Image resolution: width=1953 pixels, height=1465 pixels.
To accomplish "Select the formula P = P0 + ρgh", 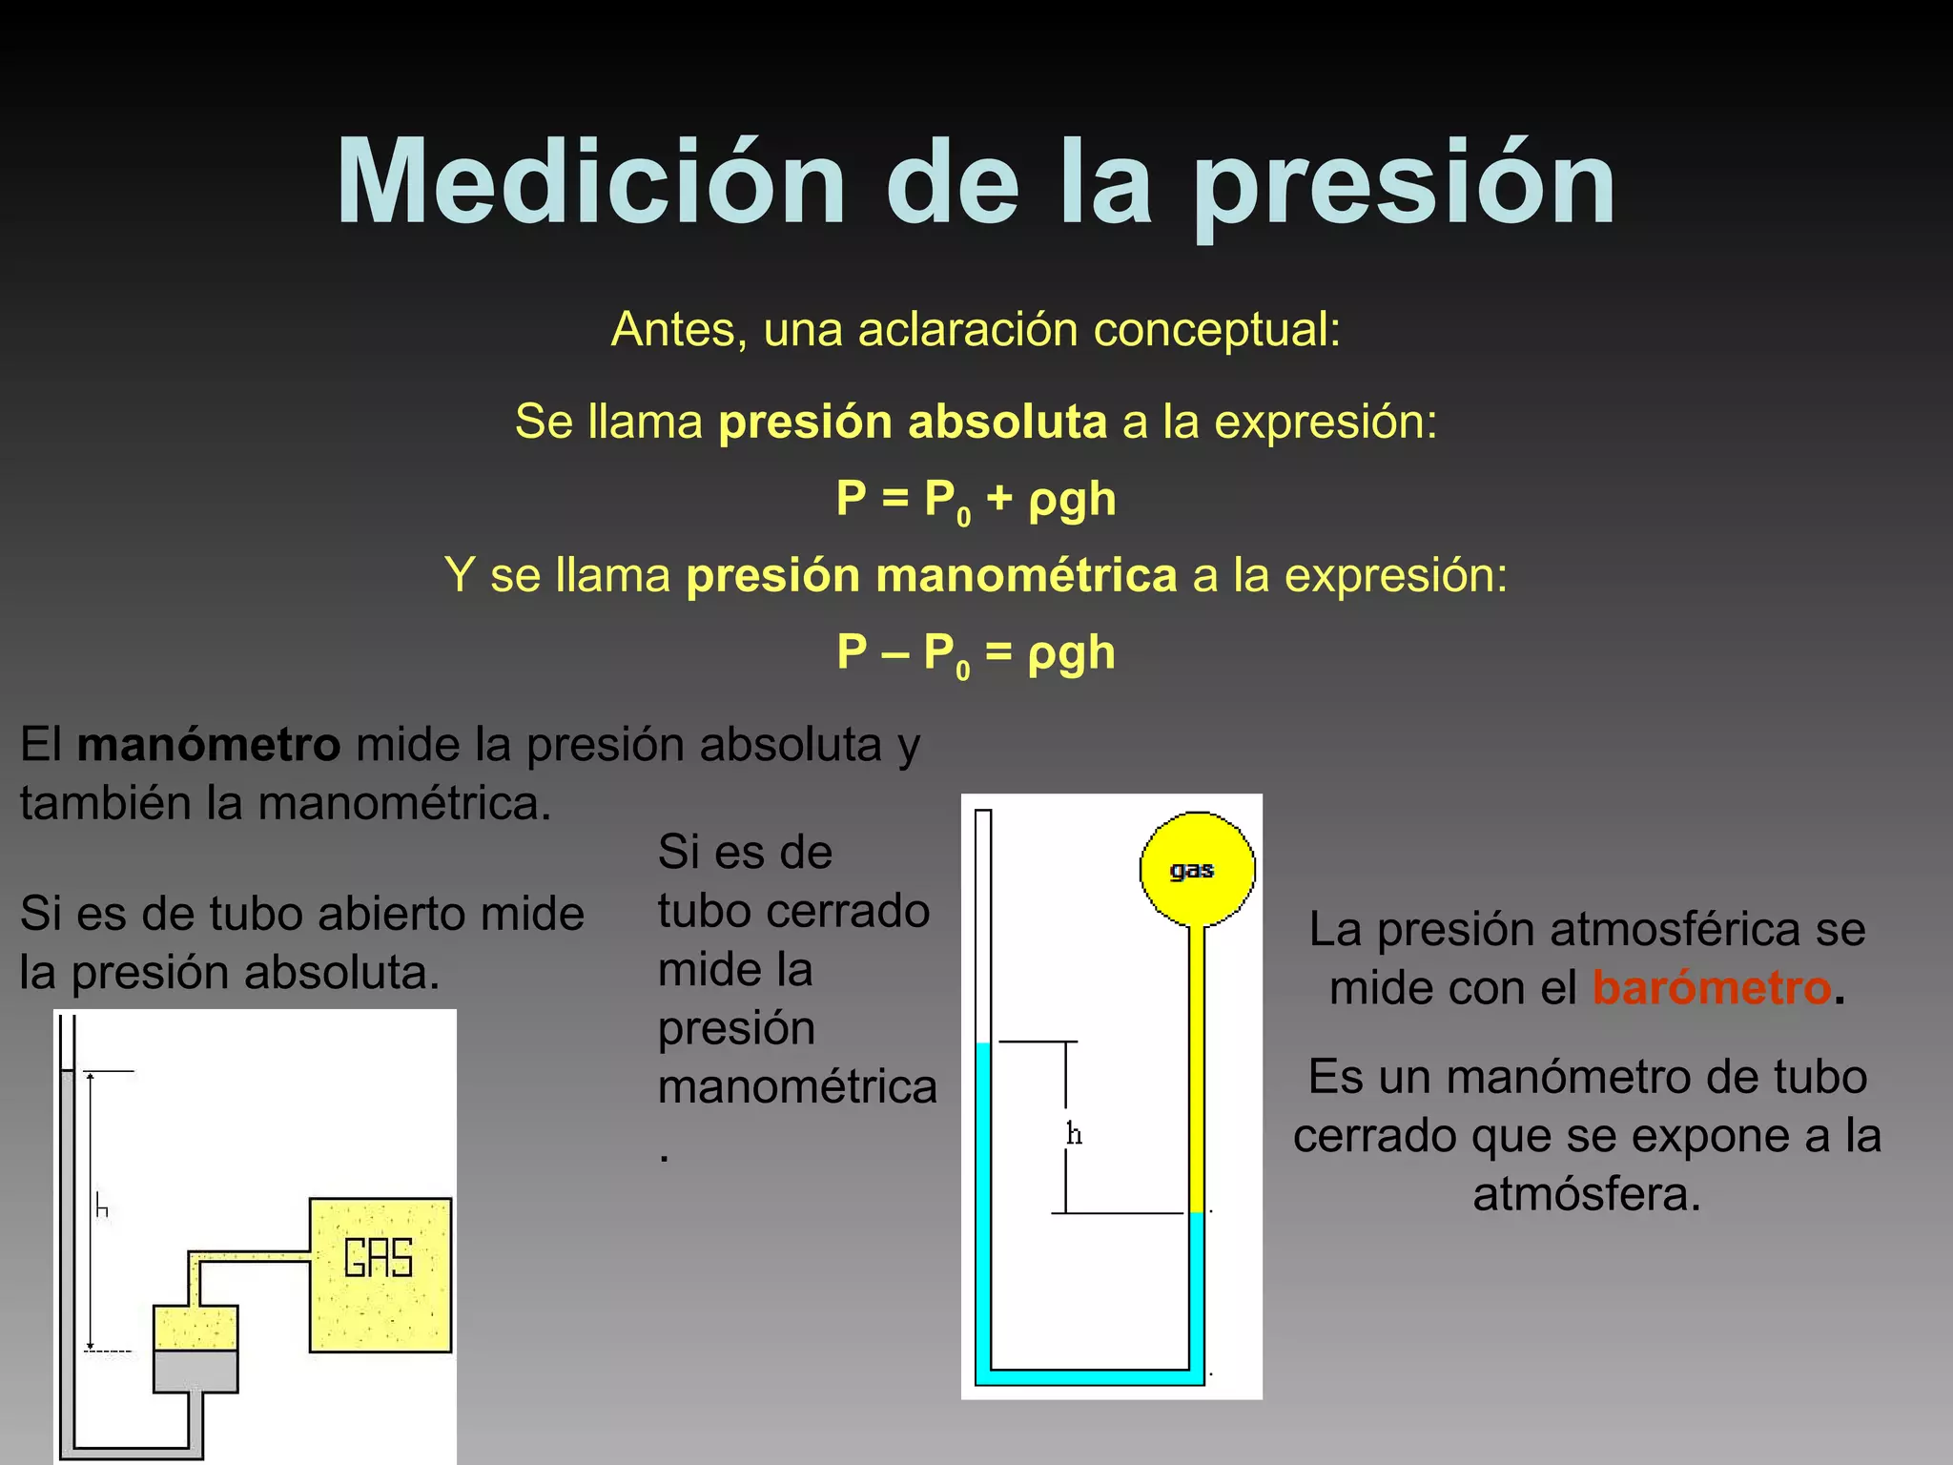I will [x=976, y=500].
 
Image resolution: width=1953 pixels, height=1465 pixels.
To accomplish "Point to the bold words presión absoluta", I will [x=913, y=422].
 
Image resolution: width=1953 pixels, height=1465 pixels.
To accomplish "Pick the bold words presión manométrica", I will [x=932, y=576].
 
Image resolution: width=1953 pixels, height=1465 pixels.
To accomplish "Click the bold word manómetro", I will [x=209, y=745].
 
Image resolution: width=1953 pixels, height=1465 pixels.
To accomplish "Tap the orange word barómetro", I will [x=1712, y=988].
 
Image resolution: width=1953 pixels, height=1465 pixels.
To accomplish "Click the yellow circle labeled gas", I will [x=1197, y=869].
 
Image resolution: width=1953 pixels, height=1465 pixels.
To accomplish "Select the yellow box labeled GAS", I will [x=380, y=1274].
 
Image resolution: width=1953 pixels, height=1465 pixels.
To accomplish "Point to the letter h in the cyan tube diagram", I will [x=1075, y=1134].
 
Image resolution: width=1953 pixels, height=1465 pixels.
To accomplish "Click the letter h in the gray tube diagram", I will [x=102, y=1207].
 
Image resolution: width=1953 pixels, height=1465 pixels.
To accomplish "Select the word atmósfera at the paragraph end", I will [x=1586, y=1195].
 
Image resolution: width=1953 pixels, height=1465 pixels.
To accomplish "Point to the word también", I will [x=105, y=804].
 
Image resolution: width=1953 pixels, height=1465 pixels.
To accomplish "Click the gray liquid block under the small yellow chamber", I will [x=195, y=1371].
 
